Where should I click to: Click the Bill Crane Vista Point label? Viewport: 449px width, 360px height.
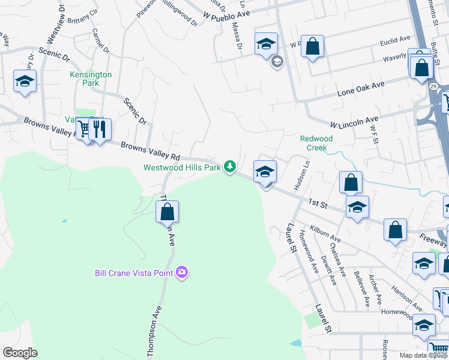(x=133, y=273)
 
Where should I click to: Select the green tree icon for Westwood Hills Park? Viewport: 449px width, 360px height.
(x=229, y=166)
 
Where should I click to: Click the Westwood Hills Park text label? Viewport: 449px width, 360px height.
(x=182, y=167)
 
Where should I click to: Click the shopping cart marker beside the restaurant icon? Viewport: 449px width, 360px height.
(x=85, y=128)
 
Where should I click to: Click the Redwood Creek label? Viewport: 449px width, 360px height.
(x=316, y=143)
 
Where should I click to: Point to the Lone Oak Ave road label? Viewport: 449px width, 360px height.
(x=360, y=89)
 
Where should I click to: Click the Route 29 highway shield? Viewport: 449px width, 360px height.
(x=433, y=86)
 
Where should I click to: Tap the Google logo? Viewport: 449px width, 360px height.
(x=20, y=353)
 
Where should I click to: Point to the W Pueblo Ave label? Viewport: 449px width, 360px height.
(x=227, y=9)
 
